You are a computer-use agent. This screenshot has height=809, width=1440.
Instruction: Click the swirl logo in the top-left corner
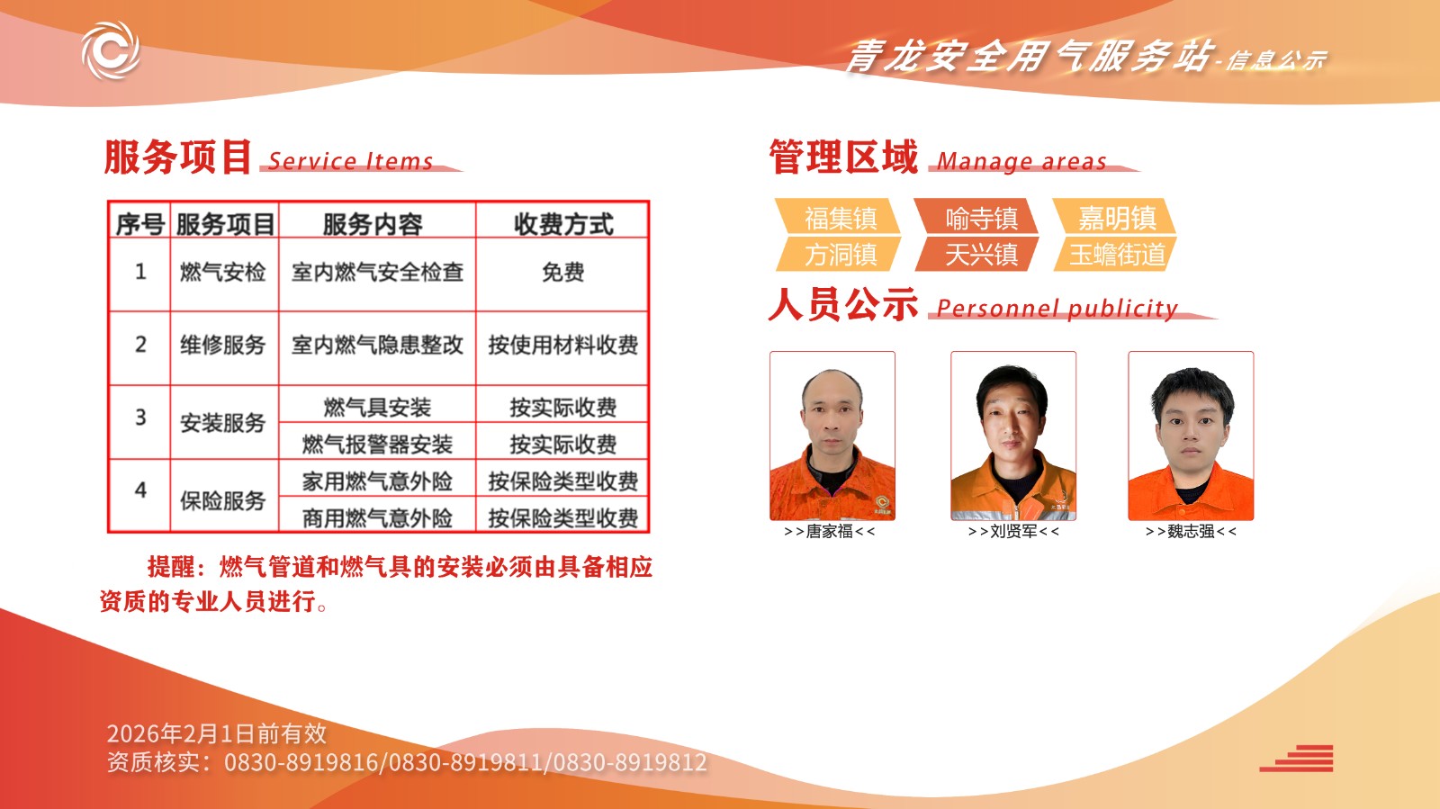pos(111,50)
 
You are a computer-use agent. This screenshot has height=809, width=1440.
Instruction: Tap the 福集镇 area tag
pos(838,217)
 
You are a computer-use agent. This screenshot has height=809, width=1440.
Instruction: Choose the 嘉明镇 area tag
pos(1115,217)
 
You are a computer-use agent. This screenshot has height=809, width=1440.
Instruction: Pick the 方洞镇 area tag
pos(838,255)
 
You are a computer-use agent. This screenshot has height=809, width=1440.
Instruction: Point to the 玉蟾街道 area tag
pos(1115,255)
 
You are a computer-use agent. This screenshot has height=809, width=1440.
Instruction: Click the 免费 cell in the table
pos(562,273)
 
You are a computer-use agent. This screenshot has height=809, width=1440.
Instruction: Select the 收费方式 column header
pos(563,224)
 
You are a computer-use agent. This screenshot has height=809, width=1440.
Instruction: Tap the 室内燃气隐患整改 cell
pos(377,345)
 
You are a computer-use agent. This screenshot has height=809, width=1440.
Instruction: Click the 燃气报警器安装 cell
pos(377,444)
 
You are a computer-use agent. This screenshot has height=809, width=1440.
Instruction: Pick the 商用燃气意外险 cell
pos(377,517)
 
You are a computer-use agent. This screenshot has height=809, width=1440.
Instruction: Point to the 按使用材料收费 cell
pos(562,345)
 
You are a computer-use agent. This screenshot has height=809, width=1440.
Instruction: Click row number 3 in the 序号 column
pos(140,417)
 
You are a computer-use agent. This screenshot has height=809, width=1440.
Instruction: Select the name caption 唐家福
pos(829,532)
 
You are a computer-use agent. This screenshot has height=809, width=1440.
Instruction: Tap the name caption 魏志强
pos(1191,532)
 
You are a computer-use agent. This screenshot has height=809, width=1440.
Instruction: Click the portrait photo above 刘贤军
pos(1013,436)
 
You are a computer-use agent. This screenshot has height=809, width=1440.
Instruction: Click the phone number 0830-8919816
pos(301,763)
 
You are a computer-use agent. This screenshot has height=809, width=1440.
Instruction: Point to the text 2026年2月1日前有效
pos(217,733)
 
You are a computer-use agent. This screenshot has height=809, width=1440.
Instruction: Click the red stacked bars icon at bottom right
pos(1297,759)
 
